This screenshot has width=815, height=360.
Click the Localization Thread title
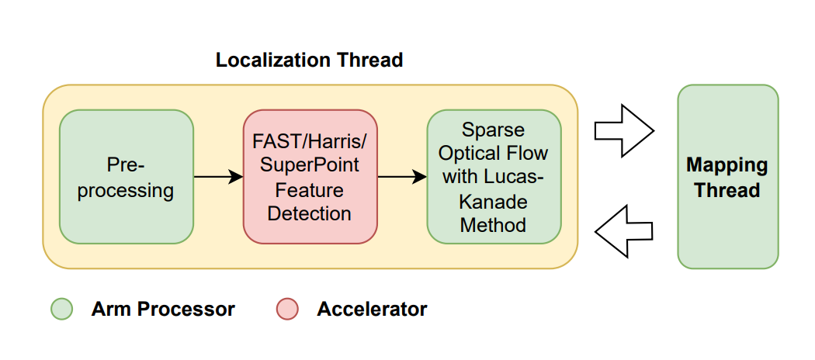click(x=309, y=60)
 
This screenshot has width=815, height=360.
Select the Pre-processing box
click(x=126, y=177)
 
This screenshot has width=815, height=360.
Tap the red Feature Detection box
click(x=310, y=177)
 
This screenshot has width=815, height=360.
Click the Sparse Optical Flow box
click(x=494, y=177)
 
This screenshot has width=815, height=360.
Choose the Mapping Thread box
click(x=727, y=177)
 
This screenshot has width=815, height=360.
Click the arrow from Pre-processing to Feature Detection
click(x=218, y=177)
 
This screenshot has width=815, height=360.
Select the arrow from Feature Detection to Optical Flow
click(x=402, y=177)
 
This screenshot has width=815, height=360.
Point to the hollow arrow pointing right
click(x=623, y=130)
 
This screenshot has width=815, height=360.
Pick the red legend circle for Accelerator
click(x=286, y=310)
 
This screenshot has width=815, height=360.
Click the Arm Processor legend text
click(x=163, y=310)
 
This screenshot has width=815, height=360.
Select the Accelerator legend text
click(x=372, y=310)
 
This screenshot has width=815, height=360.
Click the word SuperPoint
click(x=310, y=165)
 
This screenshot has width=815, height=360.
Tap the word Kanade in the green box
click(x=494, y=202)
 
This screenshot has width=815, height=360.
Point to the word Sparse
click(x=494, y=129)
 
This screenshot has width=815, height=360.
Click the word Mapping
click(x=727, y=165)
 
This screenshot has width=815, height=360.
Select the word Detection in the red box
click(x=310, y=213)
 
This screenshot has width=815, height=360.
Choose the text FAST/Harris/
click(x=310, y=141)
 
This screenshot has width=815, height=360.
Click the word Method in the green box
click(x=494, y=226)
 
